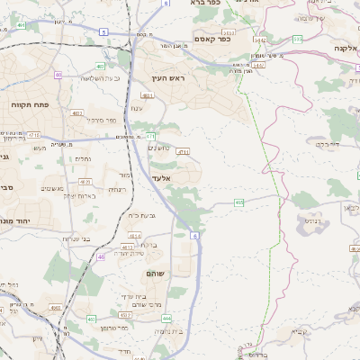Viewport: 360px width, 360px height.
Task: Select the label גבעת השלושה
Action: click(x=78, y=78)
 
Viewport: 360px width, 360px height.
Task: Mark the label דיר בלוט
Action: click(x=321, y=142)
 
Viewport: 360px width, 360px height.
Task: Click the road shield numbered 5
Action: click(x=103, y=31)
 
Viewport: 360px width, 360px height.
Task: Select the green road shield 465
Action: click(x=238, y=203)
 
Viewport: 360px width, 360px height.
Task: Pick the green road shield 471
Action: click(x=151, y=137)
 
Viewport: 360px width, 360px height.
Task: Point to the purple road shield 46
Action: click(x=101, y=256)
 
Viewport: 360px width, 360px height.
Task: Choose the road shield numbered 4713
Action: click(x=183, y=153)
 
